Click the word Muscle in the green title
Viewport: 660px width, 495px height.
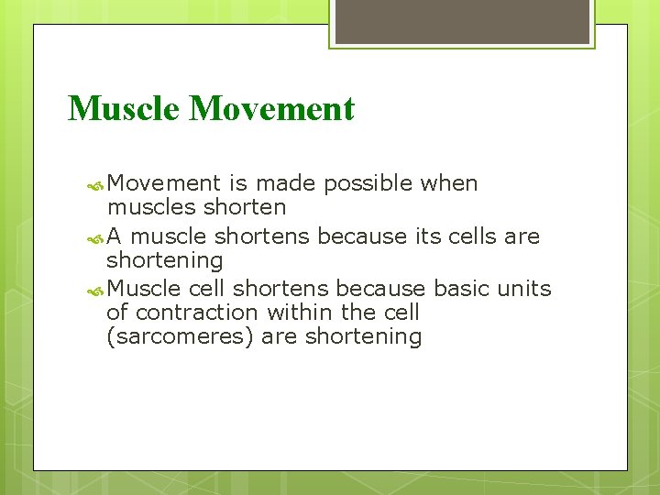point(125,109)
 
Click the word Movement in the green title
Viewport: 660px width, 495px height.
point(271,109)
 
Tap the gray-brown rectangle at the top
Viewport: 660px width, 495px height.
point(462,21)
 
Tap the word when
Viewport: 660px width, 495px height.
point(449,183)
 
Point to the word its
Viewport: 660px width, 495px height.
point(427,236)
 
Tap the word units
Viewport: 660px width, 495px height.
point(524,289)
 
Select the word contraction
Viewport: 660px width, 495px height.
point(198,313)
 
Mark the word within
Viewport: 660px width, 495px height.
point(300,313)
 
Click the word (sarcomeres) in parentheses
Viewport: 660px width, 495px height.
point(181,337)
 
